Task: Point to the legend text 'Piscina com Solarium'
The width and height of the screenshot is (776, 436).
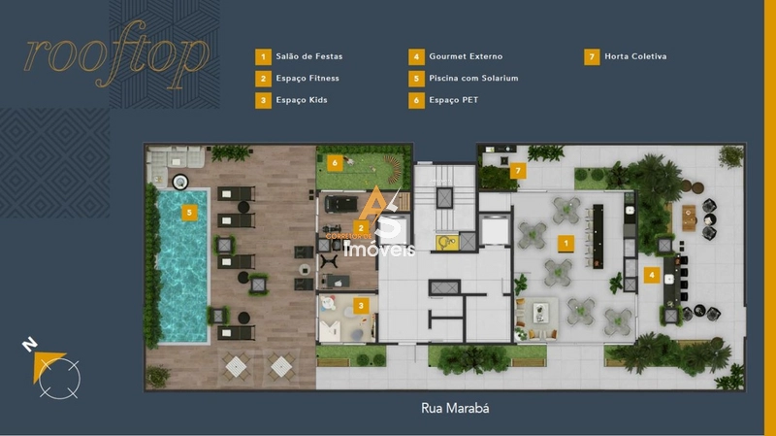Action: [477, 78]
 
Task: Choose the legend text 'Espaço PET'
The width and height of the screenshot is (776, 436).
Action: [454, 99]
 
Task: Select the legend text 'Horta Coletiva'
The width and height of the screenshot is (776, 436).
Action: [635, 57]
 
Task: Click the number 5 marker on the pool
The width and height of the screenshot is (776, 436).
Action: [189, 210]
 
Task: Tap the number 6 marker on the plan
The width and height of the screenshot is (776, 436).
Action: [335, 163]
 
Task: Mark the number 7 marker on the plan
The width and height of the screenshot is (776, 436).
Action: [519, 172]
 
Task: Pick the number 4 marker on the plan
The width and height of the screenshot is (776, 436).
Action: [653, 275]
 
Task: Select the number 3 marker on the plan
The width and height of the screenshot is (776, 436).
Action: [362, 304]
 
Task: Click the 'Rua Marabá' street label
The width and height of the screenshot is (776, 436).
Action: [455, 408]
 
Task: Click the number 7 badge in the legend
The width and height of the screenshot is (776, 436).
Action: [591, 57]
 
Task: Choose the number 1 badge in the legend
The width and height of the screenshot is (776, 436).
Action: [263, 57]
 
